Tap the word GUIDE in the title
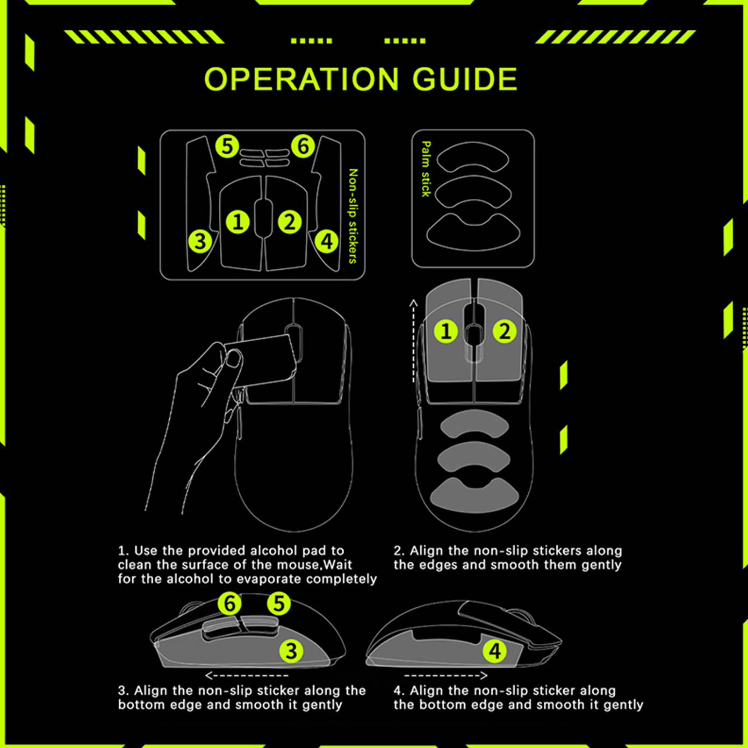pos(465,79)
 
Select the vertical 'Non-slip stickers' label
pos(353,216)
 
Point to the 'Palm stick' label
pos(425,169)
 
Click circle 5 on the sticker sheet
pos(227,146)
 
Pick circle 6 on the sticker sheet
pos(303,146)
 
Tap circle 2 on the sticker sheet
pos(290,222)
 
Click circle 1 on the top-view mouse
pos(446,331)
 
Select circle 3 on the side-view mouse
pos(291,651)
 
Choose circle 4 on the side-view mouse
pos(495,651)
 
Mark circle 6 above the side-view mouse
pos(230,604)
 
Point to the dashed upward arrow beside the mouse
pos(413,341)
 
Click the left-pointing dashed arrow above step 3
pos(247,676)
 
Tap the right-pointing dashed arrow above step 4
pos(446,676)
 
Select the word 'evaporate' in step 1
pos(270,579)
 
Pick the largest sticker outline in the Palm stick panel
pos(473,232)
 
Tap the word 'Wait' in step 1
pos(338,564)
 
